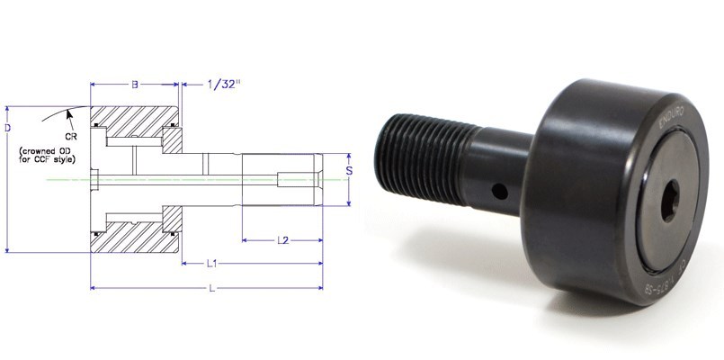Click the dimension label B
coord(134,85)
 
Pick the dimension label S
coord(349,168)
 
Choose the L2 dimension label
coord(282,240)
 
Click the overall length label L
coord(210,288)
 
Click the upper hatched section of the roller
coord(135,121)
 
